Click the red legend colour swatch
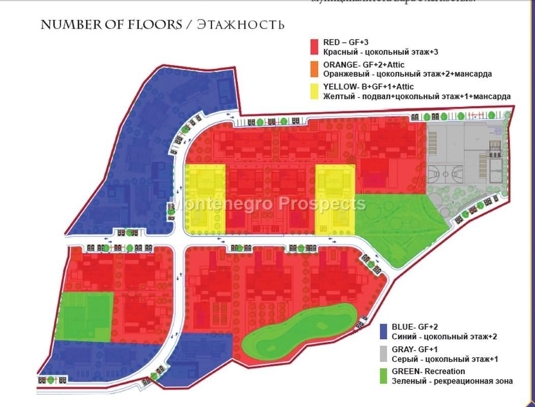pyautogui.click(x=314, y=47)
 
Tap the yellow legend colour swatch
pyautogui.click(x=314, y=91)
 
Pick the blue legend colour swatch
pyautogui.click(x=384, y=331)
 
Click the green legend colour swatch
pyautogui.click(x=384, y=375)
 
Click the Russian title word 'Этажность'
pyautogui.click(x=240, y=24)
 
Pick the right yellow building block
pyautogui.click(x=335, y=199)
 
